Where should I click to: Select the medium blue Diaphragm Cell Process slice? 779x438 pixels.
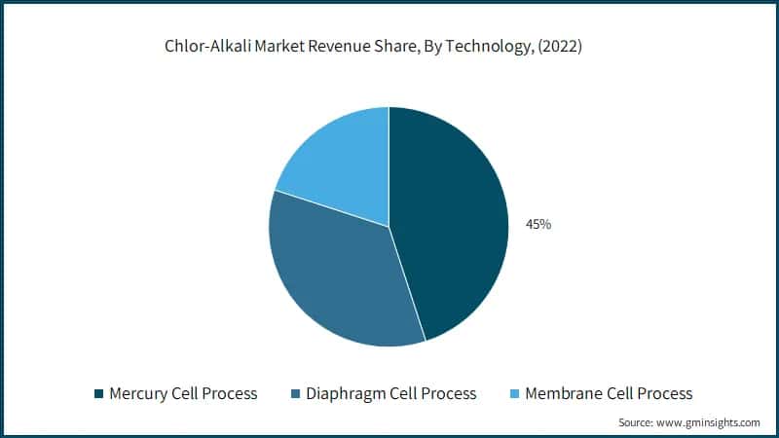point(336,273)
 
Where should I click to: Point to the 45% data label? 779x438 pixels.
point(538,225)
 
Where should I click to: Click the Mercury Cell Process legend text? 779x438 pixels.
point(184,393)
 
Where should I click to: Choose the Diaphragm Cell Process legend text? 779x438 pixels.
point(390,393)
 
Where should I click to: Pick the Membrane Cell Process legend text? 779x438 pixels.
point(609,393)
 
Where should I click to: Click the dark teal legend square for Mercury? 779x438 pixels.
point(98,394)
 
